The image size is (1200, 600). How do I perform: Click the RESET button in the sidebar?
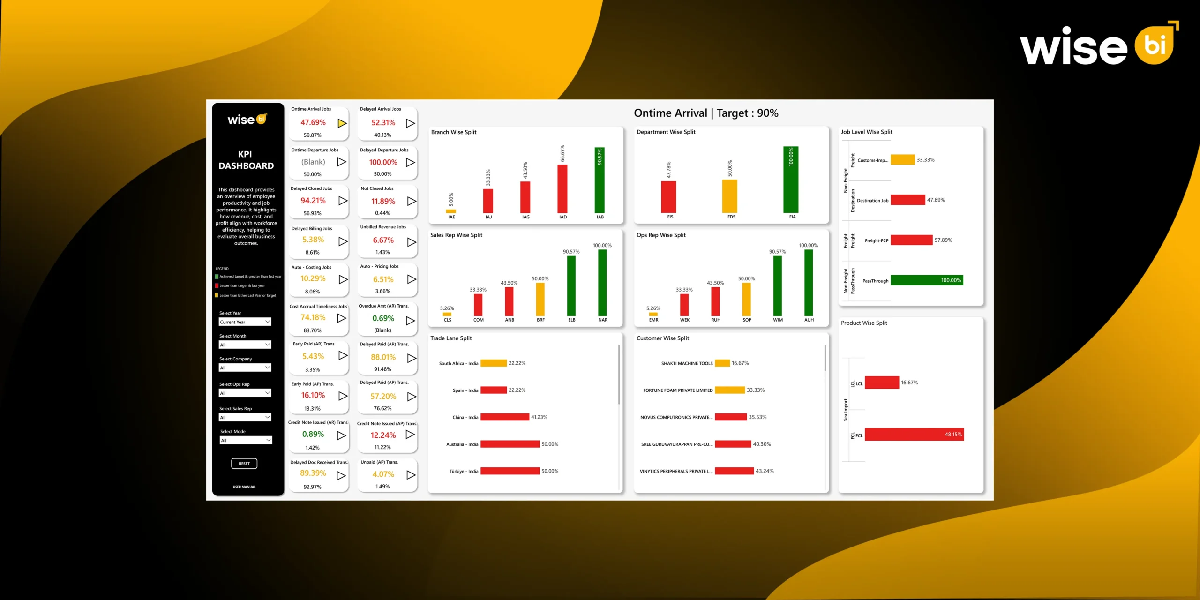(x=244, y=464)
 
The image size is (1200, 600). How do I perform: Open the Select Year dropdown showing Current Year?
(x=245, y=322)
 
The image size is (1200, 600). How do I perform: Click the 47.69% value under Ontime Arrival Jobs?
(x=313, y=122)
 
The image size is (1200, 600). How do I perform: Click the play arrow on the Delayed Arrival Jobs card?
(x=410, y=123)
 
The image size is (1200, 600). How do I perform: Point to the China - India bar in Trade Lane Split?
(x=504, y=417)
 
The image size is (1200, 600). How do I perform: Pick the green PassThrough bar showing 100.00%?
(x=926, y=280)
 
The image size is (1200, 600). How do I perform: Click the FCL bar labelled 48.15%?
(x=914, y=435)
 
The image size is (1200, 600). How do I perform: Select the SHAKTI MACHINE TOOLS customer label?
(x=687, y=363)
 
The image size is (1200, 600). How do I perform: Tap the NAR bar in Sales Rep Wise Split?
(x=602, y=283)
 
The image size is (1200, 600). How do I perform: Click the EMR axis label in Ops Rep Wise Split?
(x=653, y=320)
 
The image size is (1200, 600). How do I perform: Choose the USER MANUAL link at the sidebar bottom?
(x=244, y=487)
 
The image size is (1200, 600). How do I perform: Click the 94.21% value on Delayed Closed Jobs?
(x=313, y=201)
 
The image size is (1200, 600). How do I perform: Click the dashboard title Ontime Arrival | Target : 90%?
(x=706, y=113)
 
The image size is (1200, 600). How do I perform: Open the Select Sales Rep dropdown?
(x=245, y=417)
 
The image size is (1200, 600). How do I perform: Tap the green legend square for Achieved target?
(x=217, y=277)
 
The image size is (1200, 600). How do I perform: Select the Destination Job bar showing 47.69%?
(x=907, y=200)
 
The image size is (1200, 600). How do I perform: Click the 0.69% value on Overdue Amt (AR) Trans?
(x=383, y=318)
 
